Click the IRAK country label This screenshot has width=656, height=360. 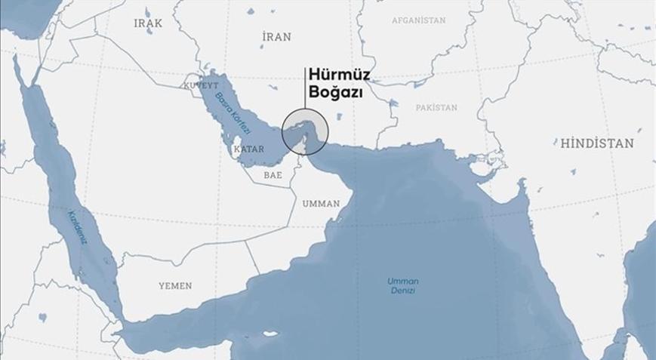(x=148, y=23)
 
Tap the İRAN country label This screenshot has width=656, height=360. (x=276, y=36)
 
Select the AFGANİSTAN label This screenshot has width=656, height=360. (x=419, y=20)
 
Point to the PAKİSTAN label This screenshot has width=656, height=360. (x=436, y=108)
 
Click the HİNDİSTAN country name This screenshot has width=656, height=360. (x=597, y=143)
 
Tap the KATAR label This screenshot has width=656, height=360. (x=249, y=149)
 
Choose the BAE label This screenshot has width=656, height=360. (x=273, y=175)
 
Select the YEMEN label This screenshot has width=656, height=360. (x=175, y=286)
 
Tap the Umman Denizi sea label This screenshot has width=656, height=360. (x=402, y=286)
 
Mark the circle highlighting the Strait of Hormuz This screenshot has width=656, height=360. (x=305, y=130)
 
